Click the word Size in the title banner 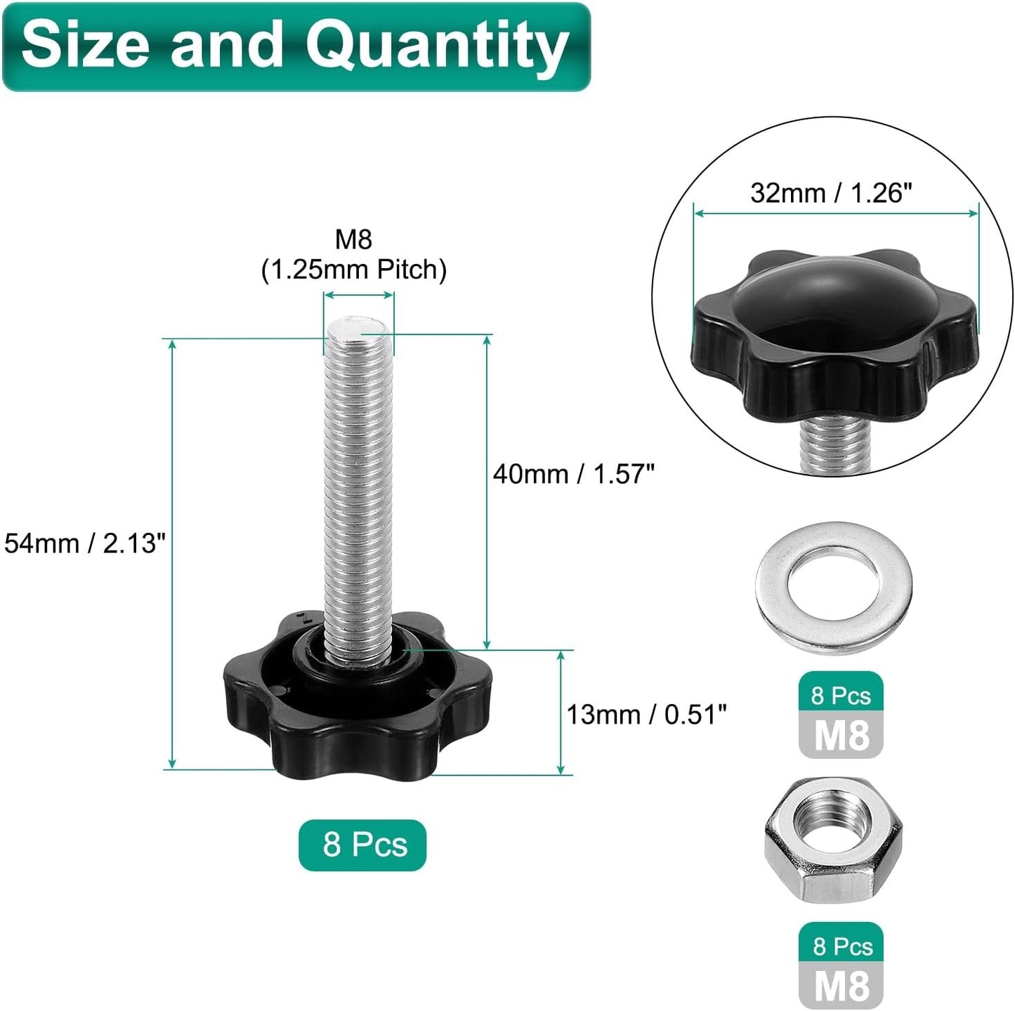85,44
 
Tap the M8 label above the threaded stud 353,239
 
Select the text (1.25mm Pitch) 354,270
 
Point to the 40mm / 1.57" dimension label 573,474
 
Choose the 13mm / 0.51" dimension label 646,715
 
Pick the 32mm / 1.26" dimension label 831,192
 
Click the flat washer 834,588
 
